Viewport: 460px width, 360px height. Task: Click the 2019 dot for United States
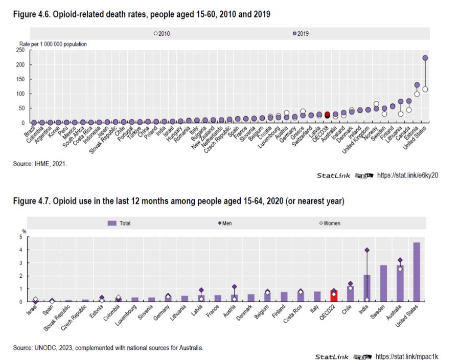coord(425,58)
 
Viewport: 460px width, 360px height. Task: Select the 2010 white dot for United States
coord(425,89)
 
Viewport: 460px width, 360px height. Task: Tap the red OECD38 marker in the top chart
coord(327,115)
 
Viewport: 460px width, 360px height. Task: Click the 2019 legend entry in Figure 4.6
coord(301,34)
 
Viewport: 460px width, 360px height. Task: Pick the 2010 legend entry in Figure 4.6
coord(162,34)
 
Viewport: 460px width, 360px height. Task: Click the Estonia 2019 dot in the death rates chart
coord(417,85)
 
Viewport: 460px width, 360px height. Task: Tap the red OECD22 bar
coord(333,296)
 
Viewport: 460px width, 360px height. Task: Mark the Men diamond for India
coord(367,250)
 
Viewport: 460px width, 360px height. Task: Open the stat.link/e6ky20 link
coord(408,175)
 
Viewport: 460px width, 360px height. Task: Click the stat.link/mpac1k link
coord(408,356)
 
